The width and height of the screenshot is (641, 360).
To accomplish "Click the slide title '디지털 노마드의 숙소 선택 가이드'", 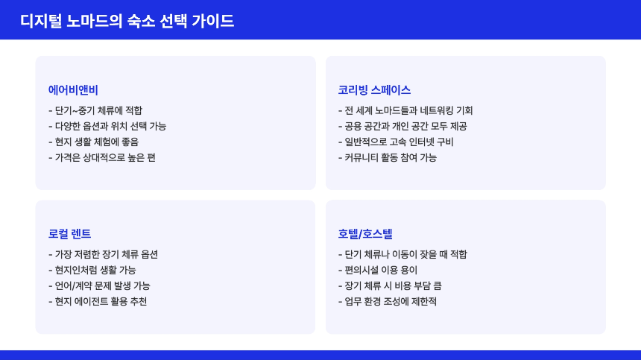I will pos(127,21).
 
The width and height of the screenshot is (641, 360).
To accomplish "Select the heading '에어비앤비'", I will pos(73,90).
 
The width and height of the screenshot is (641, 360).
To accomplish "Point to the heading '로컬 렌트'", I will pos(69,234).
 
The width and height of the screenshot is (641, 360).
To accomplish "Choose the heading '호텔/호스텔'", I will pos(365,234).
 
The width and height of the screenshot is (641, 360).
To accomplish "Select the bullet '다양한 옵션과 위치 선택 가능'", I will pos(107,126).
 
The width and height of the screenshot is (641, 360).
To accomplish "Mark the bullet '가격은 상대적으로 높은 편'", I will pos(102,157).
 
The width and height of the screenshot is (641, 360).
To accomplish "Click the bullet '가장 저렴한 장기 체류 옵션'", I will pos(103,254).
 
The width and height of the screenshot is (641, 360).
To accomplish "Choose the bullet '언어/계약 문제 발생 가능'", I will pos(99,285).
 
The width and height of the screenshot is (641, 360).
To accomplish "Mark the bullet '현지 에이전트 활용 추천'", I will pos(98,301).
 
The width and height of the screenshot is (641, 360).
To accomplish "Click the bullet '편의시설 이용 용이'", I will pos(378,270).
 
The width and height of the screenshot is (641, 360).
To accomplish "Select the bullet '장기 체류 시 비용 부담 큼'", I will pos(390,285).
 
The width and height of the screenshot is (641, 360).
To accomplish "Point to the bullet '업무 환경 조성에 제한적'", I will pos(388,301).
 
